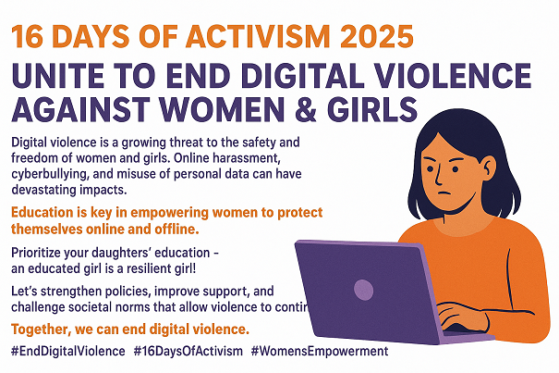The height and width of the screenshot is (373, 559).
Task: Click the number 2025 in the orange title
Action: coord(365,36)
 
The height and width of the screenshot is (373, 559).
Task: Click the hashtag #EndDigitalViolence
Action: coord(67,353)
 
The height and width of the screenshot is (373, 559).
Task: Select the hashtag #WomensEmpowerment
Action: coord(319,353)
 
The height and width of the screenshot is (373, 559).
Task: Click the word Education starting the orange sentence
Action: coord(46,212)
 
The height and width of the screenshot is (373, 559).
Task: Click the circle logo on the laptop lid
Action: coord(364,289)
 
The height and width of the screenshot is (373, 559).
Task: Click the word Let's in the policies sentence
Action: coord(25,291)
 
